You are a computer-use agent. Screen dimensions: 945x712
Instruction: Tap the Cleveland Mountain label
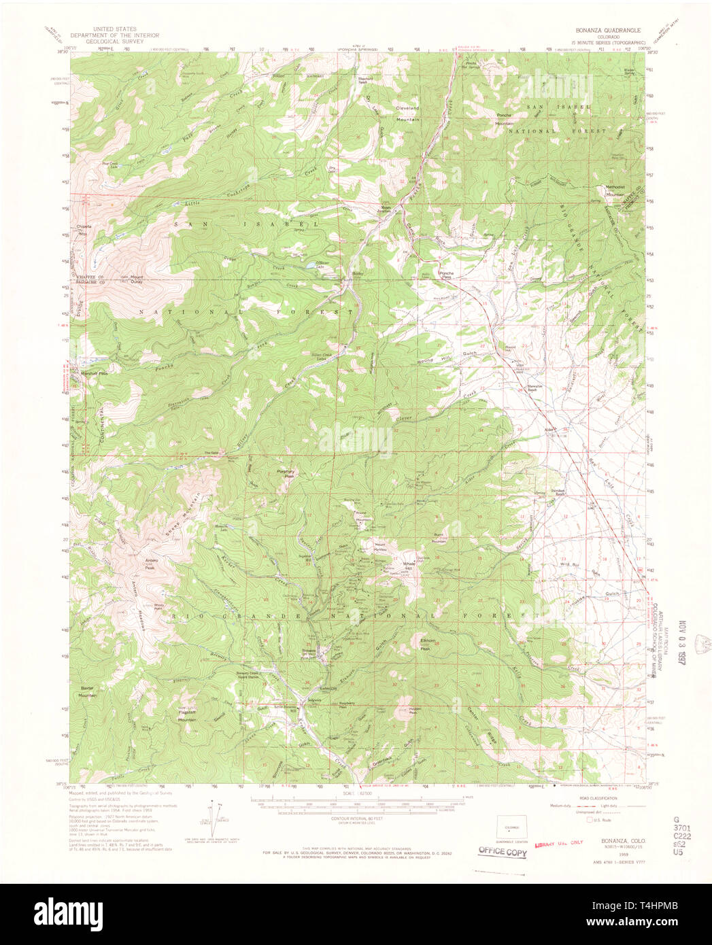tap(408, 114)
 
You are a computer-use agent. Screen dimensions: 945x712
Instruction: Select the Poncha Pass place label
tap(445, 275)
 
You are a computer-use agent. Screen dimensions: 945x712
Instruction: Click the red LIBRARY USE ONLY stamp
tap(559, 843)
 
